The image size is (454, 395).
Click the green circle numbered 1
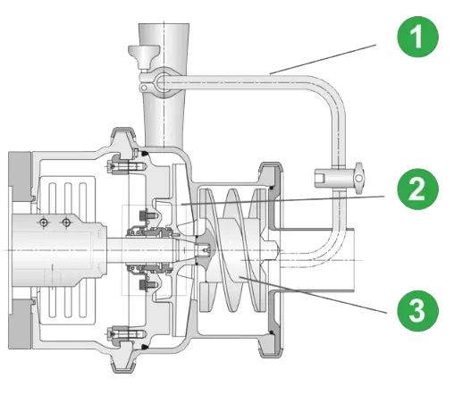[417, 37]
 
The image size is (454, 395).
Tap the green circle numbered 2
[417, 189]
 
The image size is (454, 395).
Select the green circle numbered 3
[417, 311]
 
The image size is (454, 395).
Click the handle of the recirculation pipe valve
[359, 177]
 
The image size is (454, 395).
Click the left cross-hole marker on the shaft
[44, 223]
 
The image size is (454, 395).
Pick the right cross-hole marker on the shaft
[66, 223]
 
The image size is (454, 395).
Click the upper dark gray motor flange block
[21, 176]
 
